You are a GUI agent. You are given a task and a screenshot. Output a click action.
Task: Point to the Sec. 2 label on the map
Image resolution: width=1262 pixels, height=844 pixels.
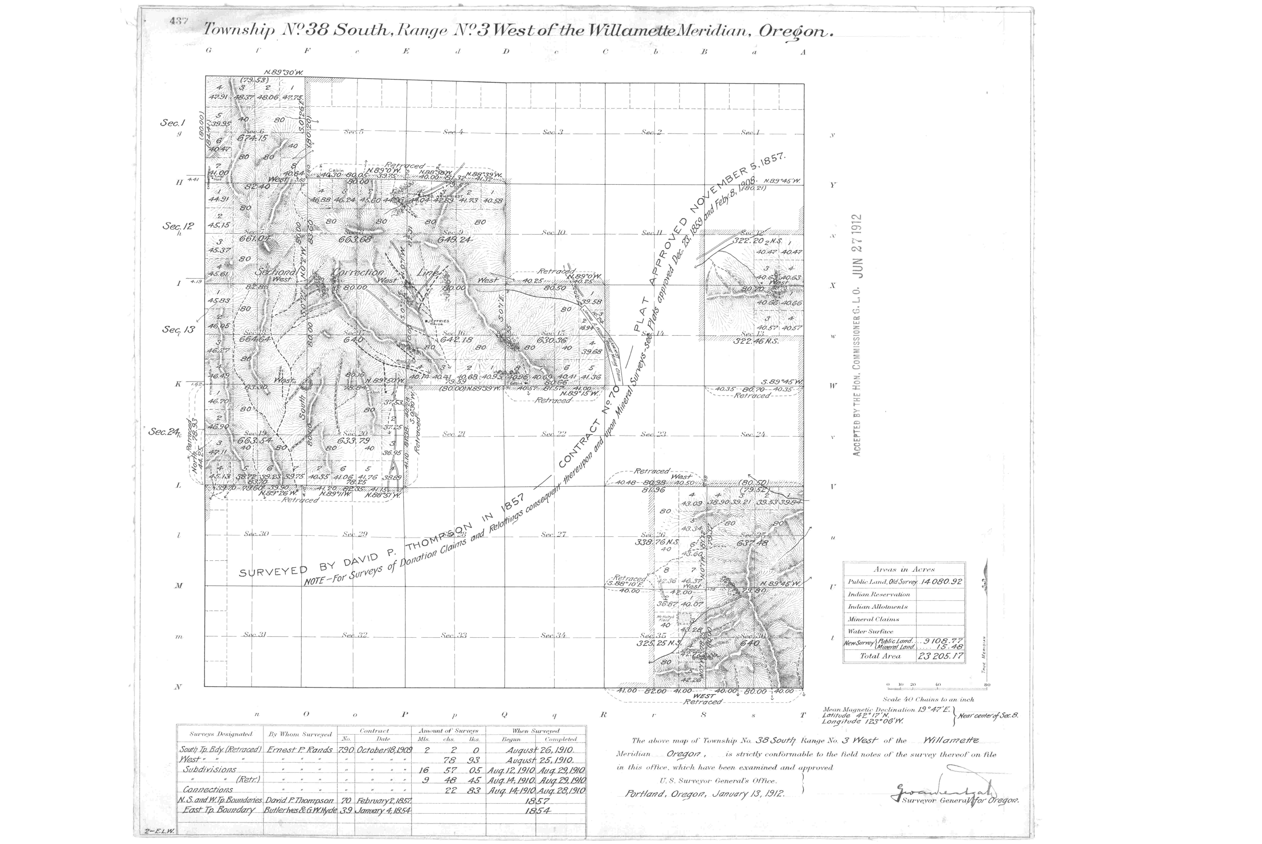651,132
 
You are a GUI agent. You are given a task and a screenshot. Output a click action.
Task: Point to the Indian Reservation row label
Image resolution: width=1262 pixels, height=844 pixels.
879,594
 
